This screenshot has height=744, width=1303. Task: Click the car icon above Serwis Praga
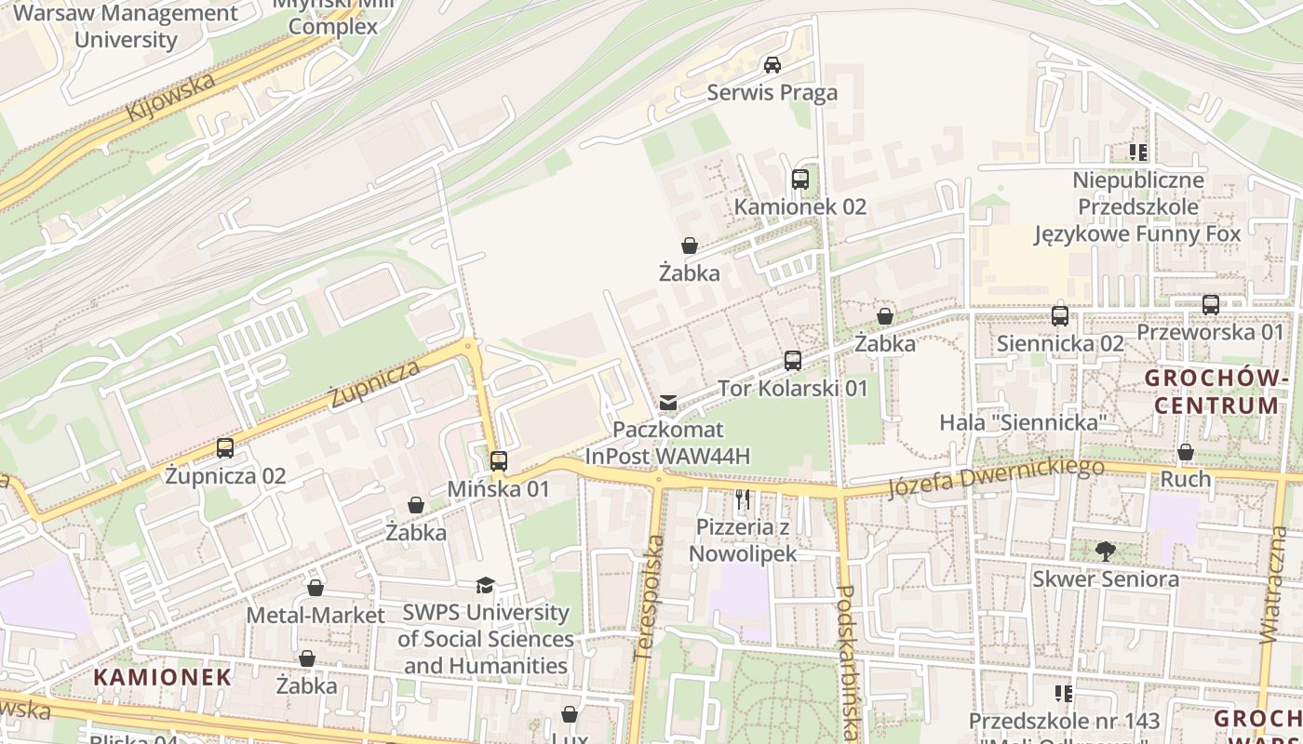click(x=772, y=65)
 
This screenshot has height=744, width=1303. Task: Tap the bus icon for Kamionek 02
click(x=799, y=179)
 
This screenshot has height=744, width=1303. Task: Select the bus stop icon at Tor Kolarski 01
click(x=792, y=361)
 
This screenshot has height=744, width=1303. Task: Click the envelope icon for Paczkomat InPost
click(x=667, y=403)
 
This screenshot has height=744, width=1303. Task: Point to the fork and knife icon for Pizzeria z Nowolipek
click(x=742, y=499)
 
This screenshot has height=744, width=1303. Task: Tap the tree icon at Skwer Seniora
click(x=1105, y=551)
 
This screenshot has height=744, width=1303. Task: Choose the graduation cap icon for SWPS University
click(x=485, y=585)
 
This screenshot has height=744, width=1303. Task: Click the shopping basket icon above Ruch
click(x=1185, y=452)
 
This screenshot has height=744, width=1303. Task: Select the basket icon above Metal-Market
click(x=316, y=588)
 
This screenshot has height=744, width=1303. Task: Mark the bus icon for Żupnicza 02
click(x=224, y=448)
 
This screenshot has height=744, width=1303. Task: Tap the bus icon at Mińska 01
click(x=498, y=460)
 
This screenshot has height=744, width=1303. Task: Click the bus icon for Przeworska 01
click(x=1210, y=305)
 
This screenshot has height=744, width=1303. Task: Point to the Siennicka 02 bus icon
click(x=1059, y=316)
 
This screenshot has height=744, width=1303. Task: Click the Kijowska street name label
click(x=171, y=97)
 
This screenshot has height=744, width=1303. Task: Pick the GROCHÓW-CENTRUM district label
click(x=1216, y=392)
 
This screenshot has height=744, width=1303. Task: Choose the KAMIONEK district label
click(x=162, y=676)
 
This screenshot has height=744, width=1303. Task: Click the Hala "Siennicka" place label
click(x=1022, y=422)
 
